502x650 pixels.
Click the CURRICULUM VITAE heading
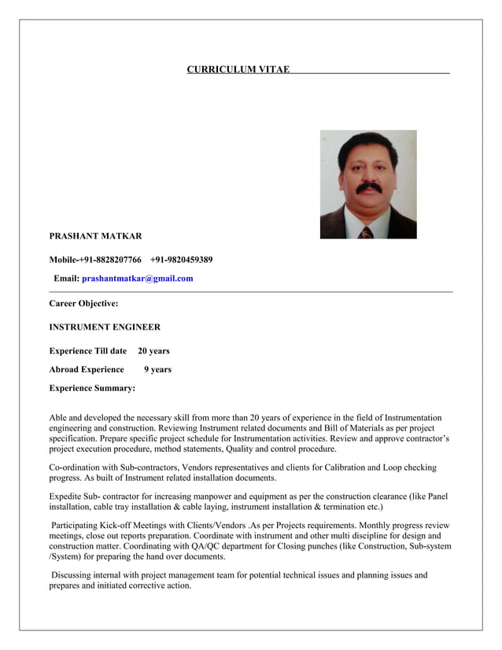click(238, 70)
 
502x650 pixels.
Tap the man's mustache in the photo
click(368, 189)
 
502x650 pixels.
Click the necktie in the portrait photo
click(366, 233)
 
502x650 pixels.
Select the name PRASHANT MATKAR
click(95, 236)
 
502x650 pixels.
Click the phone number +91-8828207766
click(110, 260)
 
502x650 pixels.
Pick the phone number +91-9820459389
click(181, 260)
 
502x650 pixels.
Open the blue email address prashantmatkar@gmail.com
click(137, 279)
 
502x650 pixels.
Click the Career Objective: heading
click(83, 303)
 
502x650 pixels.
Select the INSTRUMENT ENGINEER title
click(105, 327)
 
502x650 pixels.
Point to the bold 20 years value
click(153, 351)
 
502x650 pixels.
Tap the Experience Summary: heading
click(92, 388)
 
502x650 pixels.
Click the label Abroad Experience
click(87, 369)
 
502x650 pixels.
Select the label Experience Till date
click(88, 351)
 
